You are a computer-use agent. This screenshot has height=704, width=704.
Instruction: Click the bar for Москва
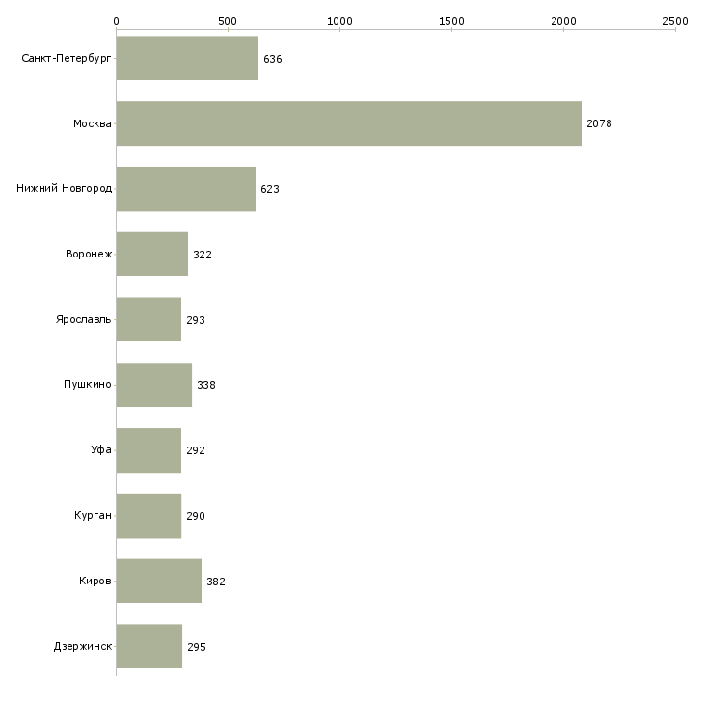pyautogui.click(x=349, y=123)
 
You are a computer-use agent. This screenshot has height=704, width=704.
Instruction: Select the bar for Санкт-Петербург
pyautogui.click(x=187, y=59)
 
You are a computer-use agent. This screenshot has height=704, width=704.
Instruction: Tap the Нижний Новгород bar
pyautogui.click(x=186, y=189)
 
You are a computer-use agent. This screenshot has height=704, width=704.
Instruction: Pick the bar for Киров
pyautogui.click(x=159, y=581)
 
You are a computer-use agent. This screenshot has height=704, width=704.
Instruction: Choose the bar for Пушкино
pyautogui.click(x=154, y=385)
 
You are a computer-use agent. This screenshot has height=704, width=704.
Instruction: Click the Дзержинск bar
pyautogui.click(x=149, y=646)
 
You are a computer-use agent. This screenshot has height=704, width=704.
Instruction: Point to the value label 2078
pyautogui.click(x=600, y=123)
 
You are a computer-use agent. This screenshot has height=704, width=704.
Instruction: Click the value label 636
pyautogui.click(x=273, y=59)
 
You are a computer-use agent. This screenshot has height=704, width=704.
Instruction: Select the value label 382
pyautogui.click(x=216, y=582)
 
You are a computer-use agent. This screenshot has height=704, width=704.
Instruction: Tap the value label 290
pyautogui.click(x=196, y=516)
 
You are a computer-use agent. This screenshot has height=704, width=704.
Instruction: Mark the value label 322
pyautogui.click(x=203, y=255)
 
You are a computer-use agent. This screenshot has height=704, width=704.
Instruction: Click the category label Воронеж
pyautogui.click(x=89, y=255)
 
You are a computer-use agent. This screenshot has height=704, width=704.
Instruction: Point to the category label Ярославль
pyautogui.click(x=84, y=319)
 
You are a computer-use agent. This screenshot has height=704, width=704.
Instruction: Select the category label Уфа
pyautogui.click(x=101, y=449)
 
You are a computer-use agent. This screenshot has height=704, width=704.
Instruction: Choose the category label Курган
pyautogui.click(x=93, y=515)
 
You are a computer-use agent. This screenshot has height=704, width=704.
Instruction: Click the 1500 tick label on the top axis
pyautogui.click(x=451, y=21)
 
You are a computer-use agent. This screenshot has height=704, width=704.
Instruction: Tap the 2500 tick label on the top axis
pyautogui.click(x=675, y=21)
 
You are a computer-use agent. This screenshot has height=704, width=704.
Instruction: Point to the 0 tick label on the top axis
pyautogui.click(x=117, y=21)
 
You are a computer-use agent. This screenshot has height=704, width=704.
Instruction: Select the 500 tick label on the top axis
pyautogui.click(x=228, y=21)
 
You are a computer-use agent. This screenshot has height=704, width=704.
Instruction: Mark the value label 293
pyautogui.click(x=196, y=320)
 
